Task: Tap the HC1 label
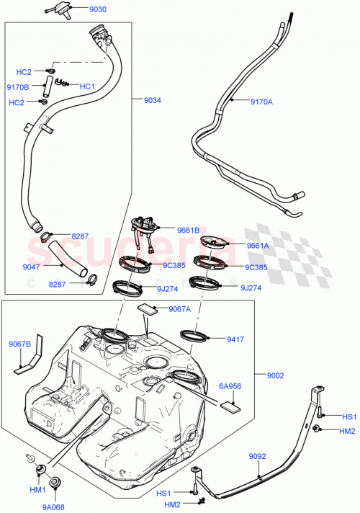[x=87, y=86]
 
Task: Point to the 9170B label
[x=17, y=87]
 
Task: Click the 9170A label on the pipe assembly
[x=261, y=102]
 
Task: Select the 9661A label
[x=257, y=245]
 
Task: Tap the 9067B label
[x=19, y=344]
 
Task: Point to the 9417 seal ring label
[x=236, y=338]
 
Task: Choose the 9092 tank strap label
[x=258, y=457]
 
